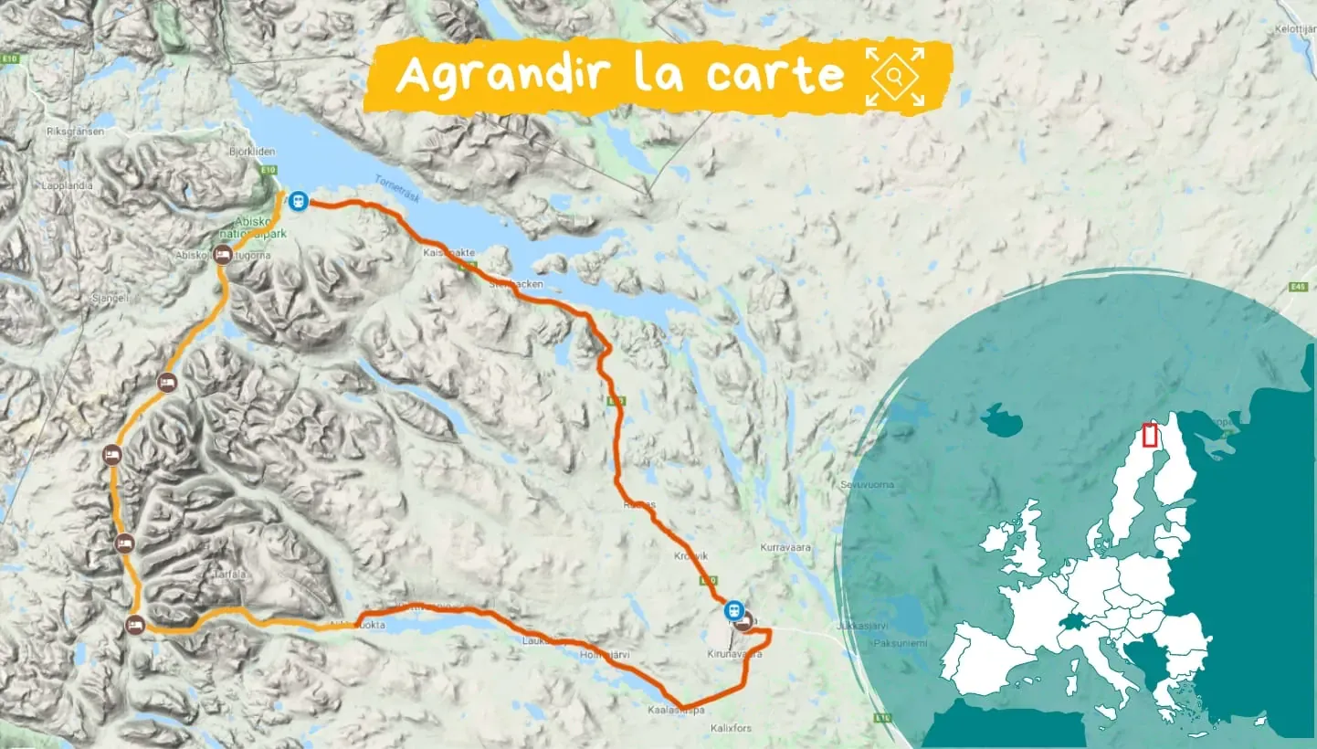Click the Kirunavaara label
(734, 655)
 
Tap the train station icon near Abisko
(297, 201)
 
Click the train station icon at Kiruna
(732, 609)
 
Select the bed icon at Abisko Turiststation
(222, 255)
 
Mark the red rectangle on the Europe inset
(1149, 435)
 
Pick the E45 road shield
(1299, 287)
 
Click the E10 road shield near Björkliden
(268, 170)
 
